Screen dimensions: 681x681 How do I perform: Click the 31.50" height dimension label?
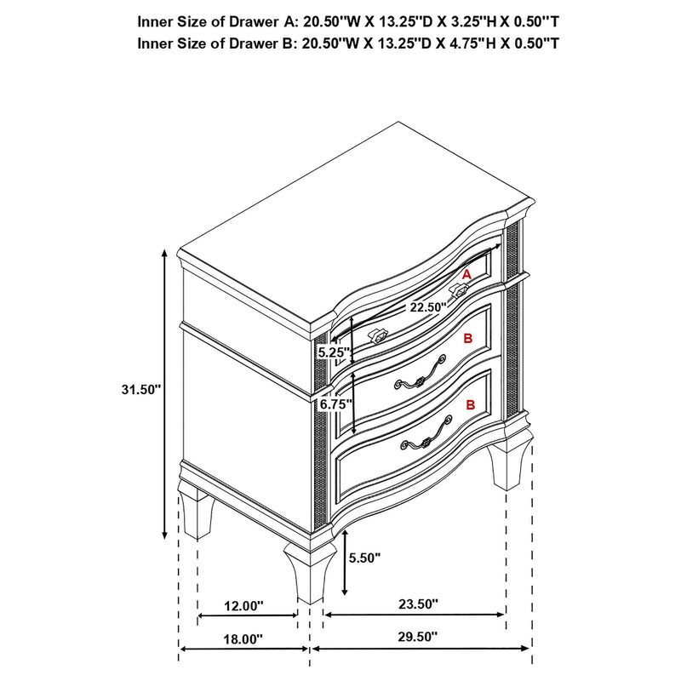point(140,389)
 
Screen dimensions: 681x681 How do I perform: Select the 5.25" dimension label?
point(332,351)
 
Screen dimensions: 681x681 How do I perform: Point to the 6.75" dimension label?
point(334,405)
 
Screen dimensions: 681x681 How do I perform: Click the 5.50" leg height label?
point(363,558)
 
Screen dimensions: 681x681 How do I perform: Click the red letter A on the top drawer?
point(466,274)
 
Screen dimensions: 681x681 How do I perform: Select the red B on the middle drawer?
point(467,339)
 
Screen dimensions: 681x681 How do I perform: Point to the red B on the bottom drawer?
point(469,406)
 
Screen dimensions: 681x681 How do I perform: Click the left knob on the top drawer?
point(377,335)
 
